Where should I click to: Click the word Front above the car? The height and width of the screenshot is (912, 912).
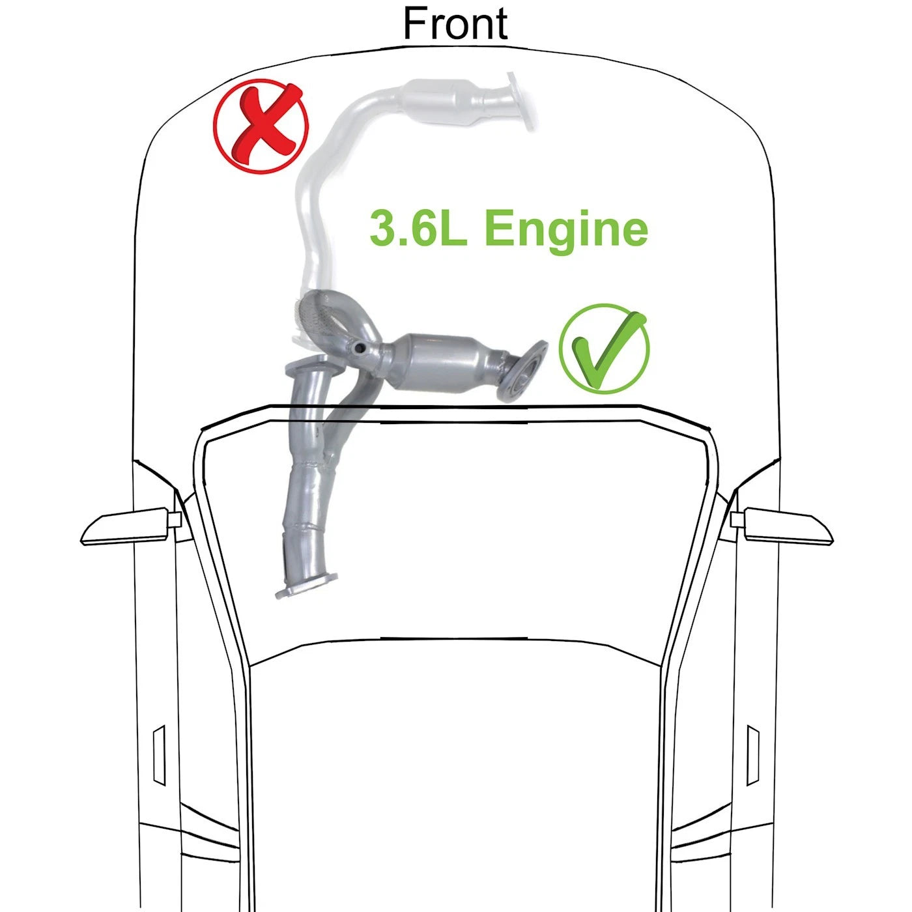pyautogui.click(x=455, y=23)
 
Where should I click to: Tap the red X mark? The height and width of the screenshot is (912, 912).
pyautogui.click(x=261, y=126)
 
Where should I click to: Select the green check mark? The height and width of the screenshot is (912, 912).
pyautogui.click(x=605, y=349)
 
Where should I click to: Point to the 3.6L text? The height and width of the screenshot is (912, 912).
pyautogui.click(x=418, y=229)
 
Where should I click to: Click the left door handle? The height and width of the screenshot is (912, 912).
pyautogui.click(x=160, y=756)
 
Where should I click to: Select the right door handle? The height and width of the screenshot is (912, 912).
pyautogui.click(x=753, y=756)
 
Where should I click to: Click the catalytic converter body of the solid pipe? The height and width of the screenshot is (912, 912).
pyautogui.click(x=438, y=362)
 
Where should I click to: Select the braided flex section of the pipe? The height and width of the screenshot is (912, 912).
pyautogui.click(x=315, y=313)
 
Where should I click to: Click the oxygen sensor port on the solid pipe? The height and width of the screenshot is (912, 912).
pyautogui.click(x=359, y=349)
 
